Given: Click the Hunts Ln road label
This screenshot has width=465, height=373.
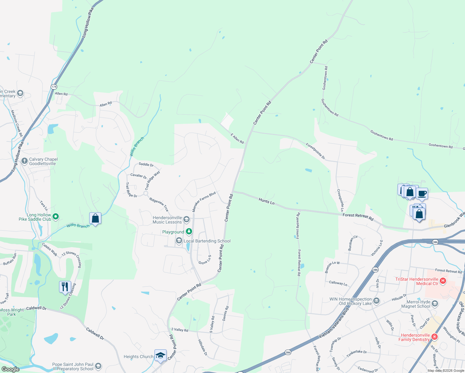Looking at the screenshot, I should tap(266, 201).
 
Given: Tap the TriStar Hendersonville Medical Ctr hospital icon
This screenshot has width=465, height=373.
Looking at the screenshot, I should tap(443, 281).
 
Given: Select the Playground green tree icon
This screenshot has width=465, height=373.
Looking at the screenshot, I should tap(189, 232).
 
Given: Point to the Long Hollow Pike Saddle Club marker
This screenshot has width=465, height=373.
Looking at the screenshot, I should tap(56, 217).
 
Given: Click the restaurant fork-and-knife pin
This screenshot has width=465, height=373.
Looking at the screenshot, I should tap(65, 287).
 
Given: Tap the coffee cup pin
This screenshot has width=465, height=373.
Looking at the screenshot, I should tap(422, 194).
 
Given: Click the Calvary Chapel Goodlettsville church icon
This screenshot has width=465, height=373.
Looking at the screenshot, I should tap(25, 161).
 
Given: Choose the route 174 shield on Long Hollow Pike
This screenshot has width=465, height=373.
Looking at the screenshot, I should tap(54, 87).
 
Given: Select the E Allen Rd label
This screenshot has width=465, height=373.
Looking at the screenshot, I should tap(237, 138).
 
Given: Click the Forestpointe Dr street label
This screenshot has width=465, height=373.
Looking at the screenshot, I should tap(315, 151).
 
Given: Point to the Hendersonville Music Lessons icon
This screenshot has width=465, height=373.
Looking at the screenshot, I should tap(186, 220).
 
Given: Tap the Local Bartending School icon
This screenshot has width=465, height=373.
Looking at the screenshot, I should tap(179, 241).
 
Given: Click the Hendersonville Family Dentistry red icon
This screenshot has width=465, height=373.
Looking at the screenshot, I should tap(435, 337).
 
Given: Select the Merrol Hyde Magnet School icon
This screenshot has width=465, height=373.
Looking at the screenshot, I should tap(435, 304).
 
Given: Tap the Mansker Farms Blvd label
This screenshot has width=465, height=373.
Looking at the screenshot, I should tap(204, 202).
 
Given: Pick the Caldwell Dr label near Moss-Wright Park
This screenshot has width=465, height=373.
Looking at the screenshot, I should tap(36, 308).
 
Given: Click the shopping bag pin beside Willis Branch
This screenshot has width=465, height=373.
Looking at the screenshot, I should tap(95, 218).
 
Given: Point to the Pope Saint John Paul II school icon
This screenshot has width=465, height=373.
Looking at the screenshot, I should tap(98, 366).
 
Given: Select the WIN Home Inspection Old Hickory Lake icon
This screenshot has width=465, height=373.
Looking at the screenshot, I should tap(376, 301).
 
